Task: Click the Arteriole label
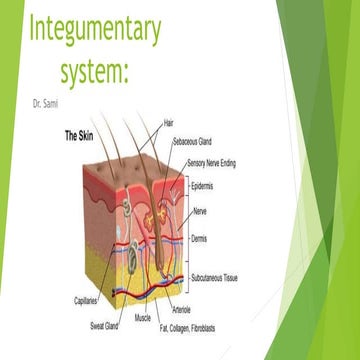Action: click(x=181, y=311)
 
